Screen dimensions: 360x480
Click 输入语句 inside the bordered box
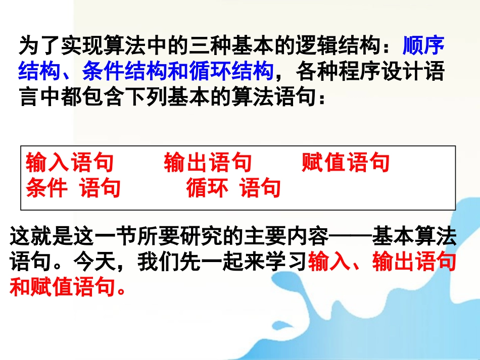pos(70,163)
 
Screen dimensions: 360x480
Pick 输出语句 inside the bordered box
pos(208,163)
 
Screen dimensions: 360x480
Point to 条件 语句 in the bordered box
pos(73,188)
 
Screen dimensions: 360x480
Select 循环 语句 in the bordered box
pos(233,188)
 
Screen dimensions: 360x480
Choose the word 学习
pos(285,263)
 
